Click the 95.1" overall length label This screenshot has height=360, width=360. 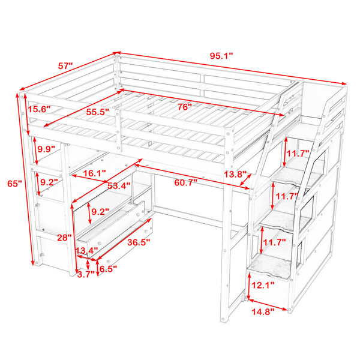coord(221,56)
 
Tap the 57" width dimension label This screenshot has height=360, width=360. coord(65,66)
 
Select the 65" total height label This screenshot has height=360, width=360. coord(14,184)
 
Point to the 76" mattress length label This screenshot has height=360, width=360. coord(184,107)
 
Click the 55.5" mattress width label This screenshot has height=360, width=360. coord(97,112)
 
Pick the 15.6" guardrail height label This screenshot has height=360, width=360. coord(39,109)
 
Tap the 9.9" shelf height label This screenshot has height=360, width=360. coord(46,149)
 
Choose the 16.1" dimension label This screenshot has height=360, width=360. coord(94,173)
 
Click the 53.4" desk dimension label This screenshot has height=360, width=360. coord(119,185)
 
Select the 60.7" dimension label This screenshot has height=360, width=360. coord(186,183)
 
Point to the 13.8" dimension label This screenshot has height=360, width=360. coord(235,174)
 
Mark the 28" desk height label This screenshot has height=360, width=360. coord(65,238)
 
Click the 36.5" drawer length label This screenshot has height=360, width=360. coord(139,242)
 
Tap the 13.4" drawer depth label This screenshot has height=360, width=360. coord(87,250)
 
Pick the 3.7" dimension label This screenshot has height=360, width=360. coord(86,274)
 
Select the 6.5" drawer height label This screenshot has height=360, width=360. coord(108,268)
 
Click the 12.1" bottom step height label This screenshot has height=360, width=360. coord(263,285)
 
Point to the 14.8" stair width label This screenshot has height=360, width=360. coord(263,312)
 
